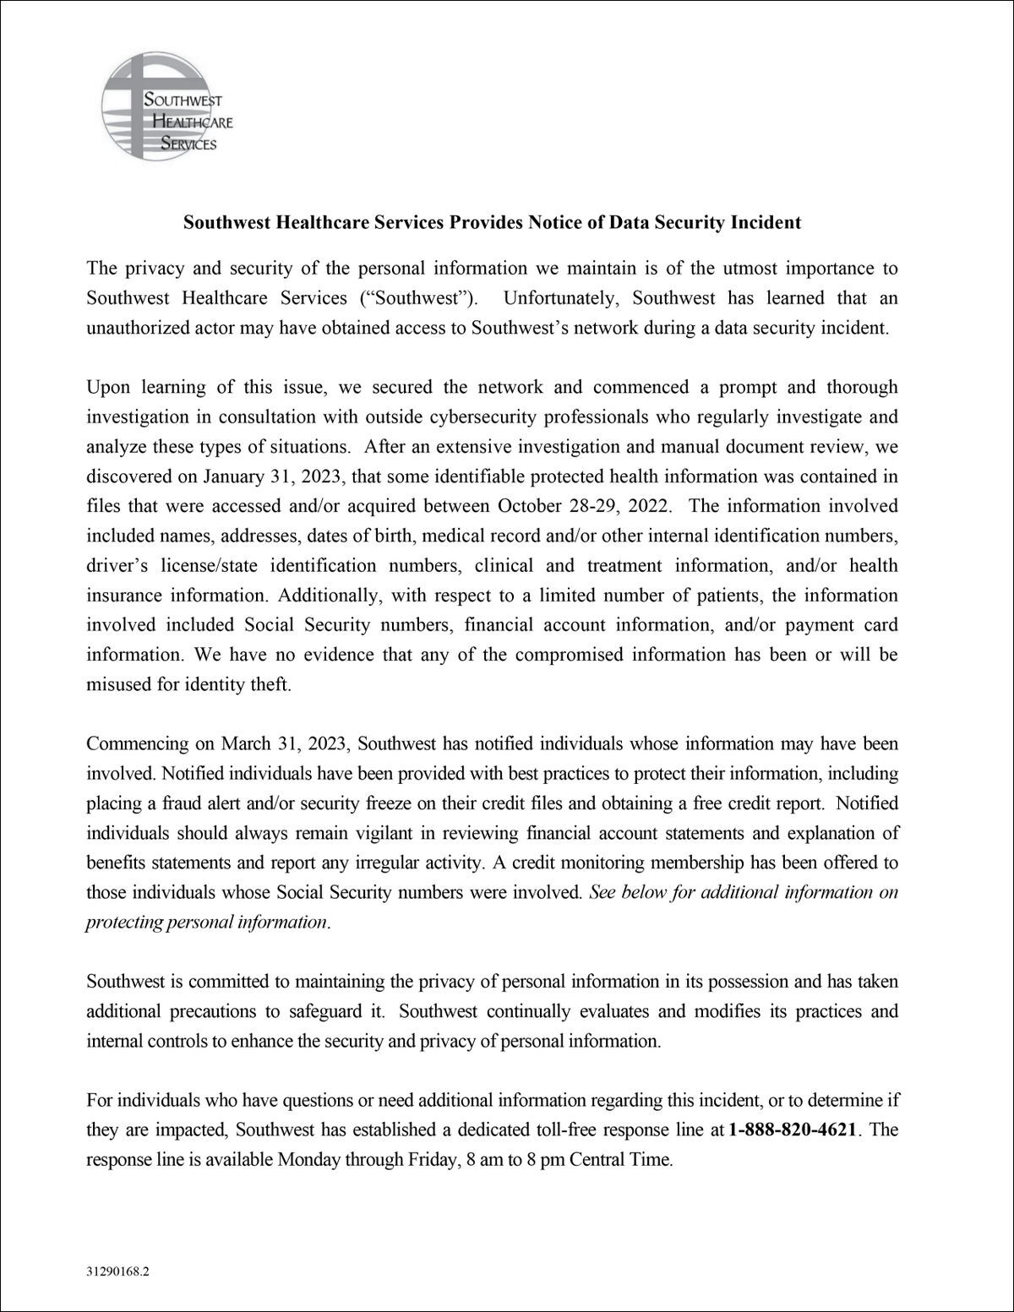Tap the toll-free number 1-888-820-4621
(792, 1130)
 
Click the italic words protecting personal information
(206, 922)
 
